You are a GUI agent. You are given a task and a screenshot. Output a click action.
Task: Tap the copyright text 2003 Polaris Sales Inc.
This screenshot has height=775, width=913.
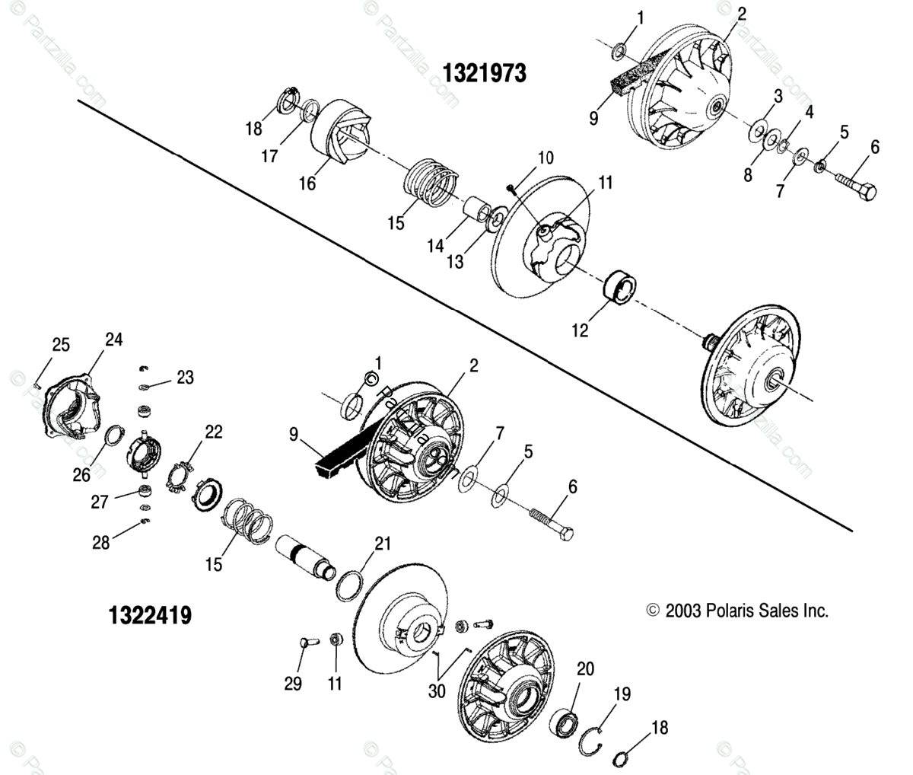[x=736, y=611]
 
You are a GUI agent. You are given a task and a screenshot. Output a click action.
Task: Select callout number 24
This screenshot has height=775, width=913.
[x=113, y=340]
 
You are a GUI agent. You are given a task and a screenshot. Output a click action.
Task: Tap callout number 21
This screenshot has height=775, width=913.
[x=383, y=543]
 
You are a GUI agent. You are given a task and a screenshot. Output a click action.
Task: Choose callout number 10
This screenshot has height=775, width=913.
[x=546, y=158]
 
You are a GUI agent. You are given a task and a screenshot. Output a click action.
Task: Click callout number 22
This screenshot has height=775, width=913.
[x=214, y=432]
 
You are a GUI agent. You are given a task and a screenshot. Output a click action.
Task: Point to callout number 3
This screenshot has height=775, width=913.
[x=778, y=96]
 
